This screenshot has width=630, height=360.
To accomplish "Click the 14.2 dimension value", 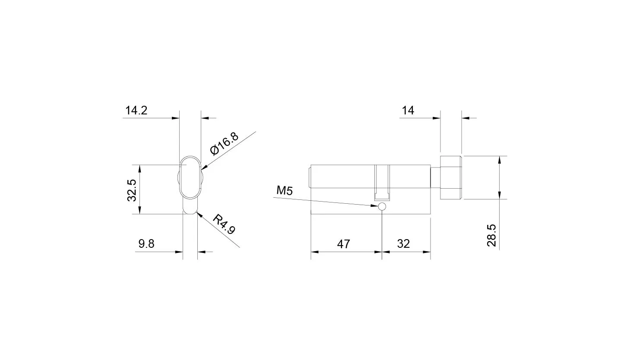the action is (136, 110).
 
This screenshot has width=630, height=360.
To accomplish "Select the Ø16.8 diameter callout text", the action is (225, 143).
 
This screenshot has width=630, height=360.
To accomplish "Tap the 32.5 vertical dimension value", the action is (132, 190).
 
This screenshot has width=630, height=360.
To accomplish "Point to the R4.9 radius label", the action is (224, 224).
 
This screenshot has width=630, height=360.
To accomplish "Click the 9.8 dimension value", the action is (146, 243).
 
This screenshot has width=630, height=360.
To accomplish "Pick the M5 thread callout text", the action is (285, 190).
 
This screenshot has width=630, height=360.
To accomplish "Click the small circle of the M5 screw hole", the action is (382, 206).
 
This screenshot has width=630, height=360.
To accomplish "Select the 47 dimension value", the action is (343, 244).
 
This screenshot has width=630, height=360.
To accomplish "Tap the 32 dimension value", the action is (403, 243).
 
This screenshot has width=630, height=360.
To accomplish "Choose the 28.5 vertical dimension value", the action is (491, 235).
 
